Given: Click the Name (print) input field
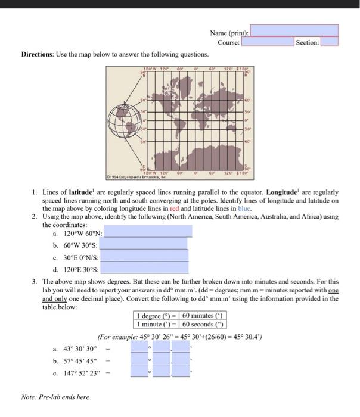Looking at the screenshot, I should pos(294,31).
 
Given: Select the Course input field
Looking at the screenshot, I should pos(268,42).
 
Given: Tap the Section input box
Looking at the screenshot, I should pos(330,42).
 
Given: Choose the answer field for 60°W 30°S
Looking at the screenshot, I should pos(145,245).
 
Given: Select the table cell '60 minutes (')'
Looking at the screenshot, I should pos(204,316).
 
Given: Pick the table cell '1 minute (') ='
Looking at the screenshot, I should pos(157,324).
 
